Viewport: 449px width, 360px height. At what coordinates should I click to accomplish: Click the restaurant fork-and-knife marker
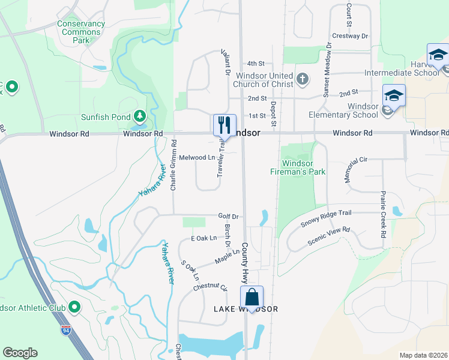224,125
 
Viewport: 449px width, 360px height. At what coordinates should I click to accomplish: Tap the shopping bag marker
252,296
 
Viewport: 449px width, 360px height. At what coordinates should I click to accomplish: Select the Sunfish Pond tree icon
140,115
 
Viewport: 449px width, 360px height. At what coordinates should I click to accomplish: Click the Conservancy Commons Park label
81,32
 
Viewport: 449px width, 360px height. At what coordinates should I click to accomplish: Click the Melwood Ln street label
197,157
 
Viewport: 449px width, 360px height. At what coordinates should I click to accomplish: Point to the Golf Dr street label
228,216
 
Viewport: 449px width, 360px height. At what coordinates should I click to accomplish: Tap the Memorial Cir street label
355,171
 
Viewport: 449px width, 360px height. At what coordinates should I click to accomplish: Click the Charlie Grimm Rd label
173,165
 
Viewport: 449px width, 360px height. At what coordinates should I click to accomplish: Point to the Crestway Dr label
350,36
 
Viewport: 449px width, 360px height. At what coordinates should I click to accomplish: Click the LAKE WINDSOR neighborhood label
246,309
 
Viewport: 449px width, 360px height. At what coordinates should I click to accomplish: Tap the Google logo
20,353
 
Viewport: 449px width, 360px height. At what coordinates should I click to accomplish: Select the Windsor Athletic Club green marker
75,308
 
